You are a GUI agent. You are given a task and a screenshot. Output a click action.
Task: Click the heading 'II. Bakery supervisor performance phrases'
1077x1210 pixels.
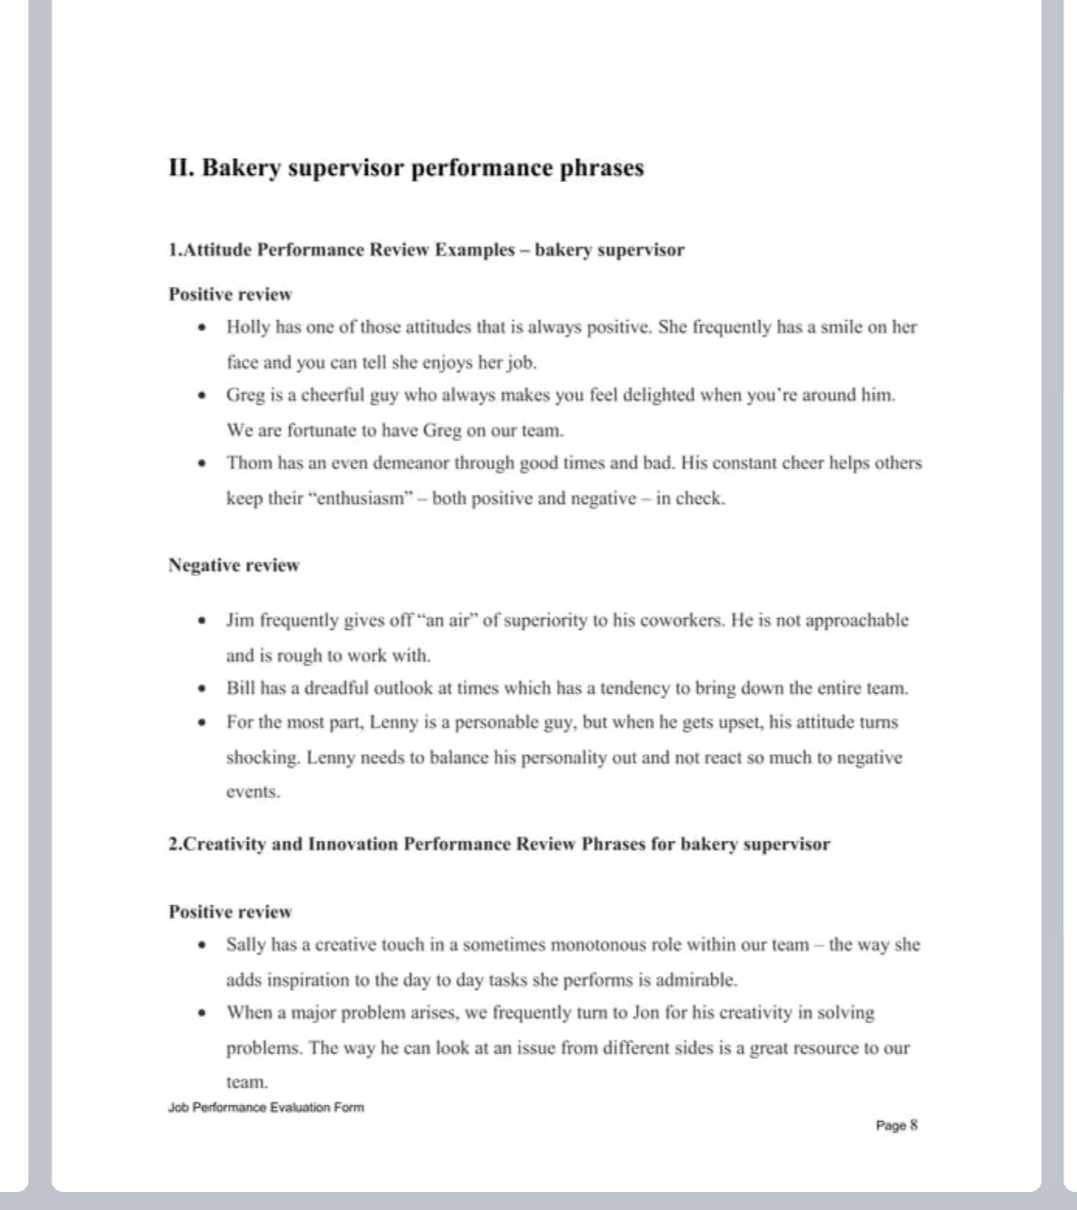406,168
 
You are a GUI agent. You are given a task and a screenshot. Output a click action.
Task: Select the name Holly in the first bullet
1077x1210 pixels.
245,327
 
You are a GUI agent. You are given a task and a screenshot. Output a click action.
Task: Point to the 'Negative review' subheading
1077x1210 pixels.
234,565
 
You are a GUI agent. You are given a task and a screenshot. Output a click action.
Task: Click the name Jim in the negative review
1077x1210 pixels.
239,620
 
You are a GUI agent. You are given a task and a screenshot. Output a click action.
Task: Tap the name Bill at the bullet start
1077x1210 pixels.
240,688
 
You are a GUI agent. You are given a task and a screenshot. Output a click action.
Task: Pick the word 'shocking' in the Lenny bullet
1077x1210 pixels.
263,757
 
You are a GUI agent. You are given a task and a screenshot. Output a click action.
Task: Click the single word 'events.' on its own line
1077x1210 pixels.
253,791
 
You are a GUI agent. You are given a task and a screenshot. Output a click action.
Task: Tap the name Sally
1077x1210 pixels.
246,945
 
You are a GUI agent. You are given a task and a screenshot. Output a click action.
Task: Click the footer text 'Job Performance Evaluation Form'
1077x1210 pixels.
266,1107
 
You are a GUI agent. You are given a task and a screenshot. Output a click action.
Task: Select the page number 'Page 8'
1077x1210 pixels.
896,1125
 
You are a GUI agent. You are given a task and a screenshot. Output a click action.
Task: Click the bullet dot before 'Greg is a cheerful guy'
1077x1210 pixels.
204,395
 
